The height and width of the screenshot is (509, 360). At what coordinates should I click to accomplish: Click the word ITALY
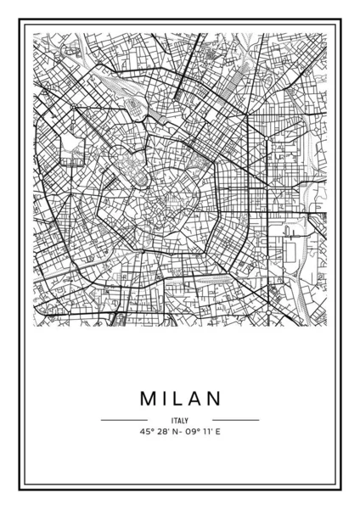tap(179, 419)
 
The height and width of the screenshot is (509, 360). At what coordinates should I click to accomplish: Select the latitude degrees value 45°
tap(141, 432)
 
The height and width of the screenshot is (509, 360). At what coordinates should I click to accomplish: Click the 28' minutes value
tap(159, 432)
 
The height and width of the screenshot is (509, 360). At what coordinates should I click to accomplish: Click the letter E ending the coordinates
tap(219, 432)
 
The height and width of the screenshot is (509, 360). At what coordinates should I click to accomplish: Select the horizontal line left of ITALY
tap(124, 419)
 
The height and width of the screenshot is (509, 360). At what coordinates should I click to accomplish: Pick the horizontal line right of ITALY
tap(235, 419)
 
